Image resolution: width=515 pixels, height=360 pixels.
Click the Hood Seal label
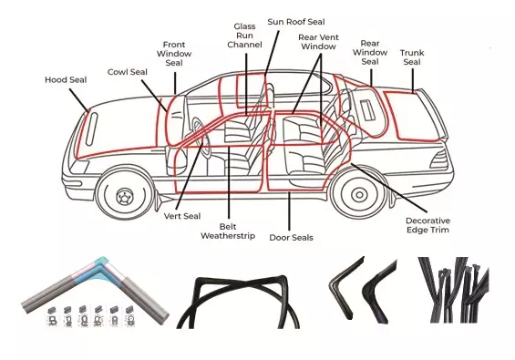point(66,80)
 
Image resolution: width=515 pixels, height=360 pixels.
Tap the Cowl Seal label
point(128,72)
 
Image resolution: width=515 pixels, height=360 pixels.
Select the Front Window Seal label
point(174,54)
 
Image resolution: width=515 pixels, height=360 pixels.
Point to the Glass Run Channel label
point(244,36)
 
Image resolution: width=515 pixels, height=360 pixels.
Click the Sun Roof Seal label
point(296,22)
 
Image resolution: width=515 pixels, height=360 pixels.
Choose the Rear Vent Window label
point(318,42)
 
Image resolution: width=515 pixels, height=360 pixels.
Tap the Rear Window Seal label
point(370,53)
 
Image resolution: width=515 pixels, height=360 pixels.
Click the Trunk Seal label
point(412,57)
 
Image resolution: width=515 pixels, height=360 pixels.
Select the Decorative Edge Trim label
point(428,225)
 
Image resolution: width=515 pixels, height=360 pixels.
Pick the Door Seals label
point(291,238)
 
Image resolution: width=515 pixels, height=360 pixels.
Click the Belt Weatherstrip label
point(228,231)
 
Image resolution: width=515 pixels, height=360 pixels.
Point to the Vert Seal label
point(182,216)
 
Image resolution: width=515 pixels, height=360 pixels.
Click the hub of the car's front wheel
point(125,197)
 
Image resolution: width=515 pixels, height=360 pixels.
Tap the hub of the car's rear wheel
point(359,195)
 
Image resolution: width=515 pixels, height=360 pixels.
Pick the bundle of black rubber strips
point(454,290)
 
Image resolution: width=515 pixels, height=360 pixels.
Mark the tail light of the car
point(438,159)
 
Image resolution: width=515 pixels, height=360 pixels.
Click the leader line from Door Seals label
point(289,211)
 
